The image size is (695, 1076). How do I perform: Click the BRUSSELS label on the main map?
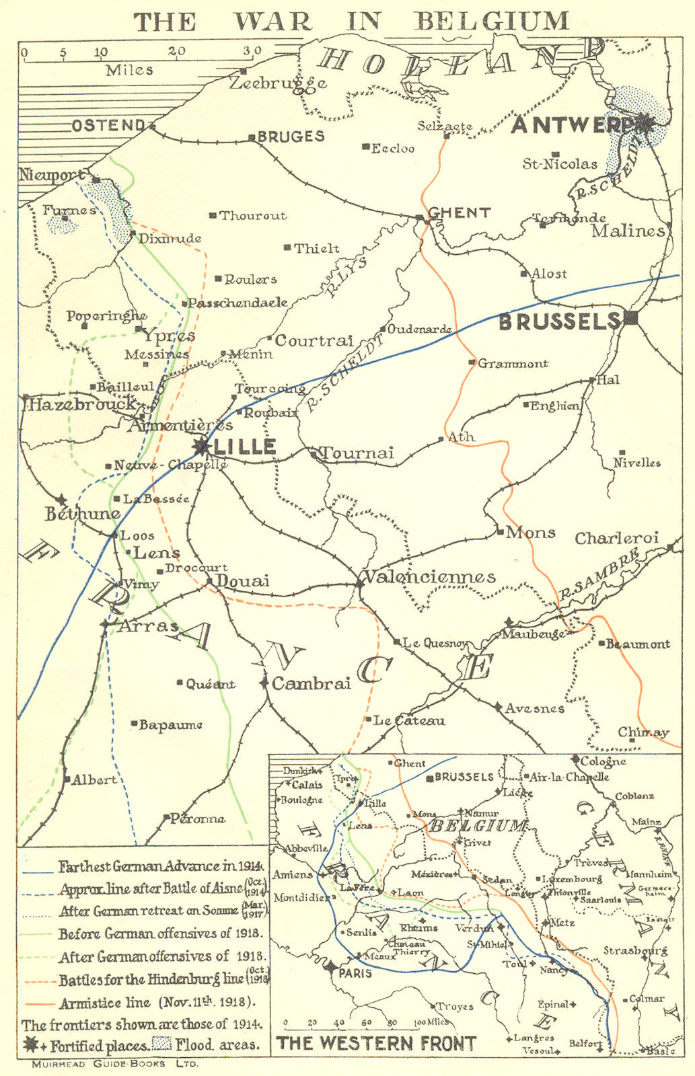(x=558, y=322)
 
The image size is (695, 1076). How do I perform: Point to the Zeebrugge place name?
(x=278, y=83)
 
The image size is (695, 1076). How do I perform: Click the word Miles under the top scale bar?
(x=129, y=70)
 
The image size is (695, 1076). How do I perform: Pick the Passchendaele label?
(x=237, y=303)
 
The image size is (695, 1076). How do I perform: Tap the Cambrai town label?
(x=311, y=684)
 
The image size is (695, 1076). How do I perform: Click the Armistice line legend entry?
(x=157, y=1003)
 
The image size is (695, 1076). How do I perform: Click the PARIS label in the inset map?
(x=355, y=973)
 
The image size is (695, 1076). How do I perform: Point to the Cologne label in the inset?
(x=603, y=761)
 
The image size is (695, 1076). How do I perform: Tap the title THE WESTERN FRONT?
(x=376, y=1044)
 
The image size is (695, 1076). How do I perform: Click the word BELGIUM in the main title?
(x=492, y=22)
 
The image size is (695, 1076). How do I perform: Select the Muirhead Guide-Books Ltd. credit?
(x=115, y=1064)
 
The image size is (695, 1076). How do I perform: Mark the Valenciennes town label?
(x=429, y=577)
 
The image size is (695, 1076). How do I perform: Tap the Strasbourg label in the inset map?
(x=635, y=950)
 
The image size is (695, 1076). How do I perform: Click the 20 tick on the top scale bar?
(x=176, y=51)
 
